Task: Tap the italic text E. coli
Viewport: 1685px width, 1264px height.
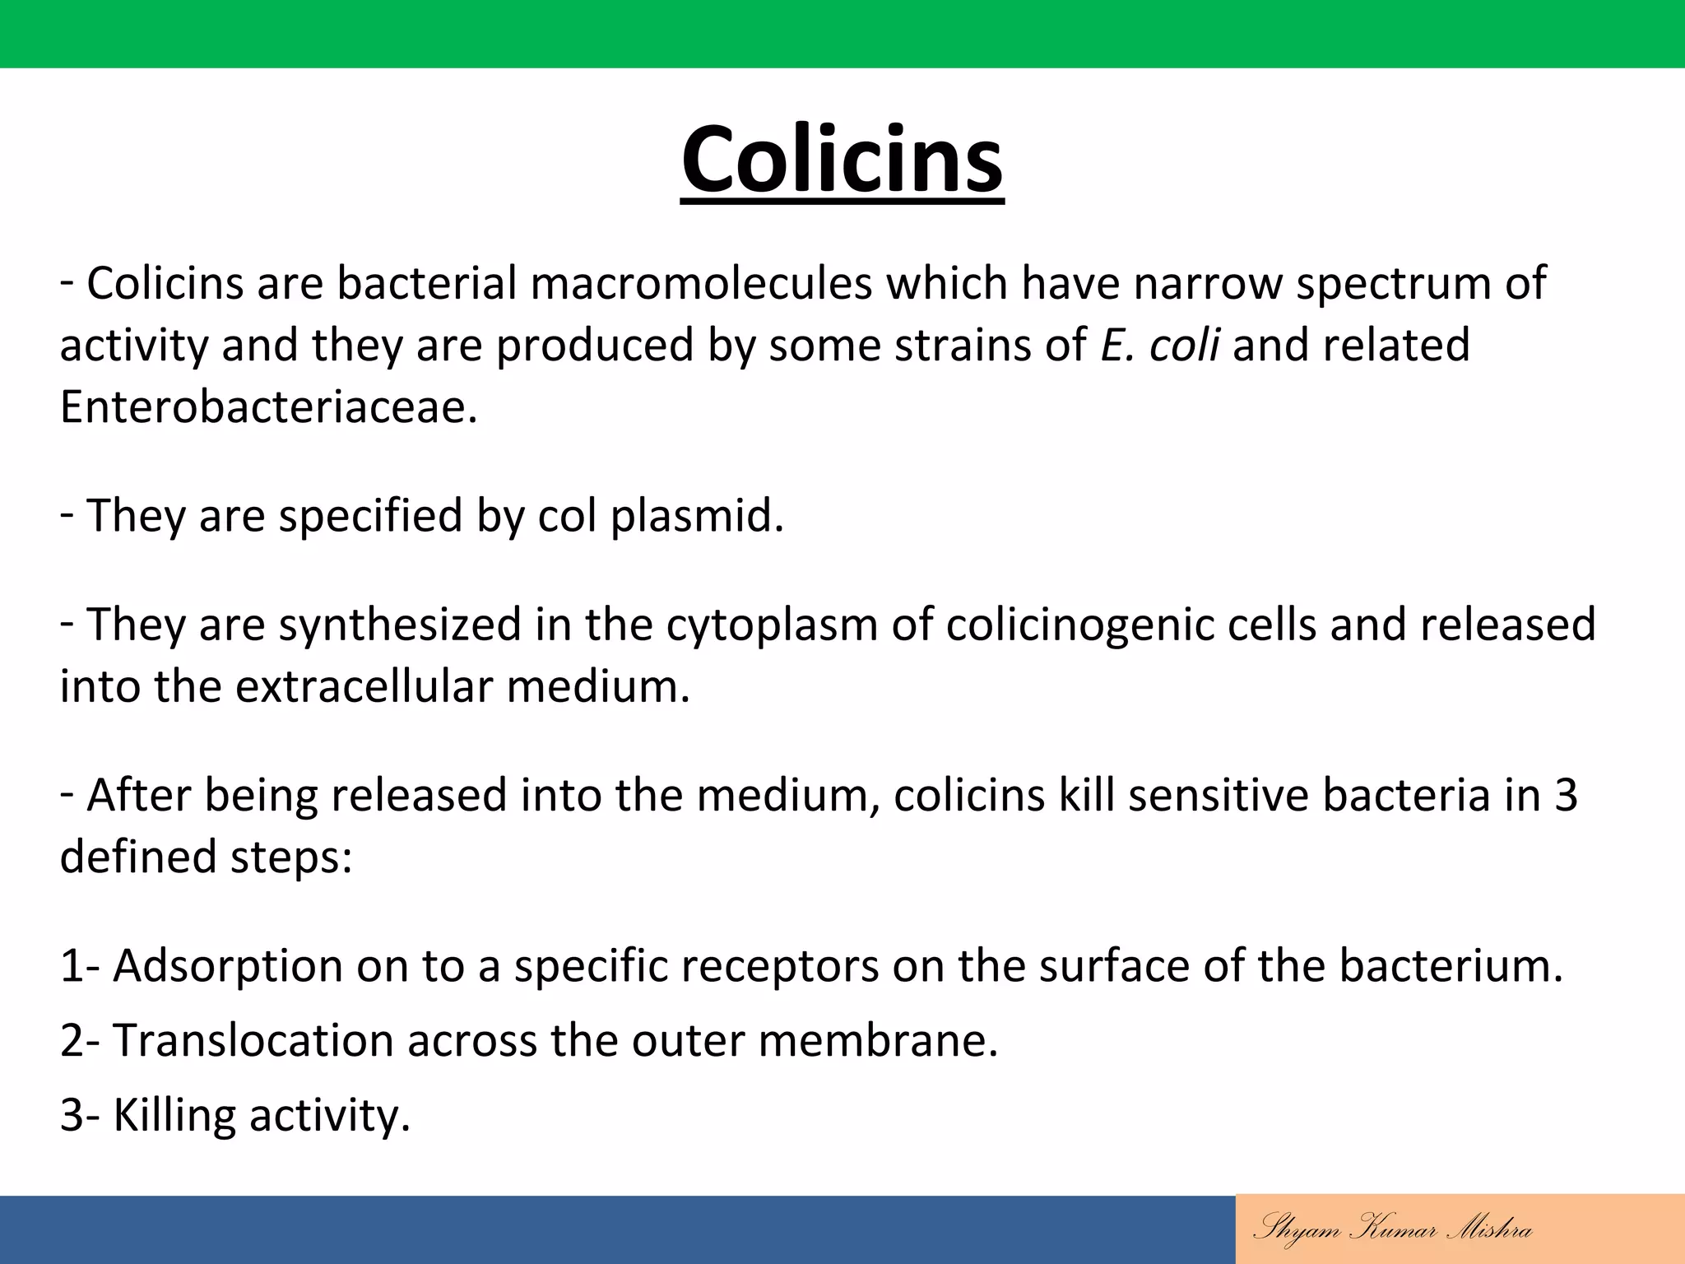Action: point(1159,345)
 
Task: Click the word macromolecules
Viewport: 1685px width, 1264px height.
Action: point(700,283)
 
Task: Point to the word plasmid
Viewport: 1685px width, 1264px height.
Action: point(696,517)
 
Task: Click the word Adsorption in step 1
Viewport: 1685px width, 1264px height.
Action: point(227,965)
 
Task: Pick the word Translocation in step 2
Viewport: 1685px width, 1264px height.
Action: point(253,1040)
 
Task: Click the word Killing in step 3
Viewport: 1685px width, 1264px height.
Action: point(174,1116)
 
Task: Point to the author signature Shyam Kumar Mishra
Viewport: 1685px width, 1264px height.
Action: point(1392,1229)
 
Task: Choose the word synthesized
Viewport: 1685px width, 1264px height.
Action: point(400,625)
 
